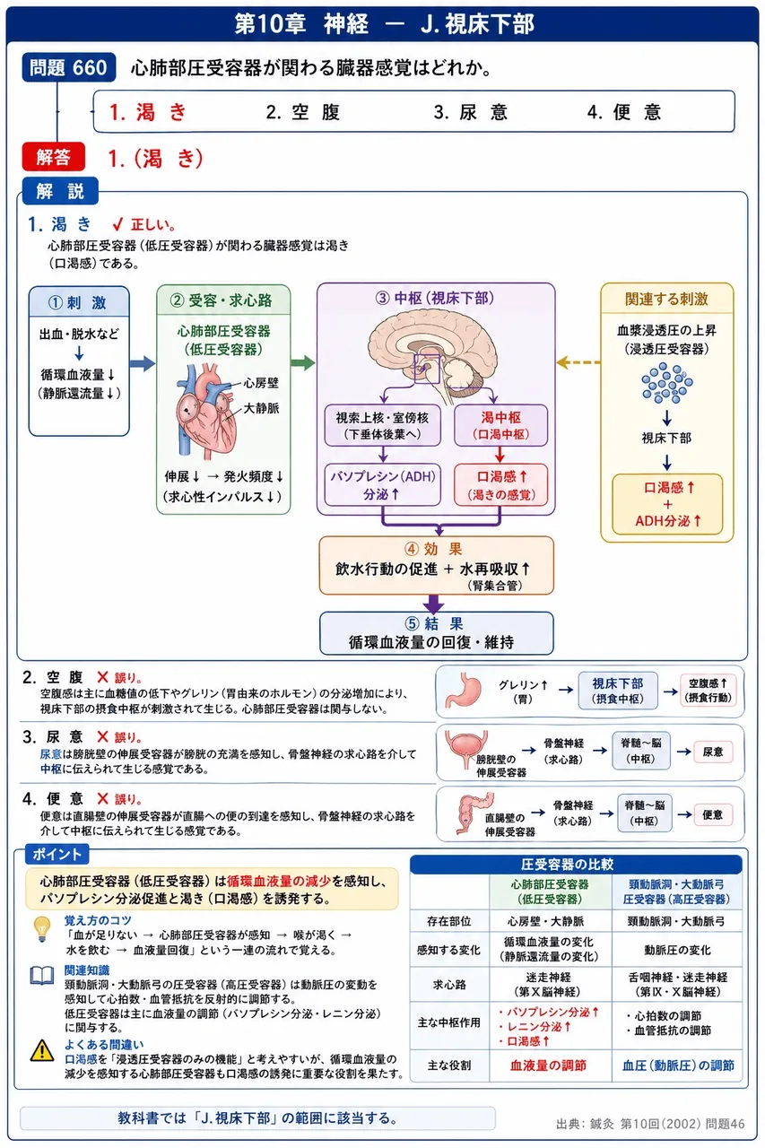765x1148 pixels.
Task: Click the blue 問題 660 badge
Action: [69, 67]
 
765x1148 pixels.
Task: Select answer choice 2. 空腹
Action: [303, 112]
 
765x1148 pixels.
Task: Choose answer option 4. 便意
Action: [624, 112]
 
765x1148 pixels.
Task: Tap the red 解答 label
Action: [53, 157]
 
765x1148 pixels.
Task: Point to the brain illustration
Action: [433, 353]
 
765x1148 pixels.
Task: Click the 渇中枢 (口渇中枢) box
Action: [500, 425]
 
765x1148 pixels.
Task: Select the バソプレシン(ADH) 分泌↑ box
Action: [382, 485]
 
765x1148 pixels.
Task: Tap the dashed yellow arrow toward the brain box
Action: [578, 362]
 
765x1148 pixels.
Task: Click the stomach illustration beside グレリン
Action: [464, 691]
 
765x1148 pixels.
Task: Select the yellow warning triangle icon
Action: [42, 1050]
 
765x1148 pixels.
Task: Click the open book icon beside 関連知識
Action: [42, 975]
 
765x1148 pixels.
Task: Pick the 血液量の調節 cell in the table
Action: [548, 1065]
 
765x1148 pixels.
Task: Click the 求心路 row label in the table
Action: [448, 984]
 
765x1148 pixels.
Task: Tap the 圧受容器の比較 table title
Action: [567, 865]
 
